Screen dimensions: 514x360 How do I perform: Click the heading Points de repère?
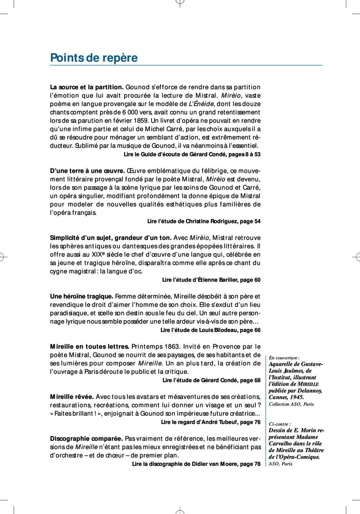coord(94,58)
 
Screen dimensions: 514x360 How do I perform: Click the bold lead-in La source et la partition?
coord(86,87)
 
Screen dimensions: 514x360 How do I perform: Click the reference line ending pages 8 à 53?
coord(192,155)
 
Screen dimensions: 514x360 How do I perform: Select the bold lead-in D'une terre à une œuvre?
coord(87,171)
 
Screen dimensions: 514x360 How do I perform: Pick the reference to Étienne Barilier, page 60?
coord(211,280)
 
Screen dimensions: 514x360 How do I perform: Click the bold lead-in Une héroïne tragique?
coord(82,297)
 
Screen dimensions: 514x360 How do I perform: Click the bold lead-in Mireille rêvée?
coord(72,397)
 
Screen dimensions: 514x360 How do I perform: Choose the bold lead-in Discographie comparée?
coord(86,439)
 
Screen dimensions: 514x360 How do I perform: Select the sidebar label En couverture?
coord(284,358)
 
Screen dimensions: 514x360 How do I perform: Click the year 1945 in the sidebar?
coord(297,397)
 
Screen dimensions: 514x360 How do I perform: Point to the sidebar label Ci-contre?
coord(280,424)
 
